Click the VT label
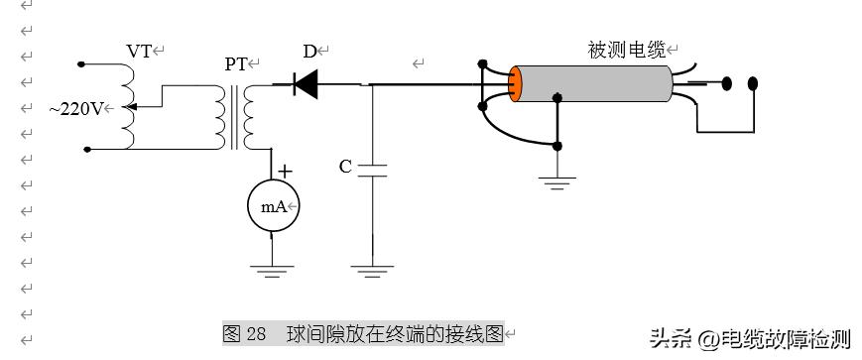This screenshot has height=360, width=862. tap(139, 51)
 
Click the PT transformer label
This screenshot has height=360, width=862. tap(236, 64)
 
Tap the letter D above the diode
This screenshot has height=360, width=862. tap(310, 51)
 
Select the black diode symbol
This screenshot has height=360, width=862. tap(305, 85)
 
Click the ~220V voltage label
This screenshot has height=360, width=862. tap(75, 108)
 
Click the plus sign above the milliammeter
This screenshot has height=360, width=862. tap(285, 171)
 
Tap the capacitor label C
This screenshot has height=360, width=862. tap(345, 167)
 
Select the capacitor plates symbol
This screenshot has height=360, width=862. tap(373, 170)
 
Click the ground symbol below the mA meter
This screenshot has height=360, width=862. tap(272, 268)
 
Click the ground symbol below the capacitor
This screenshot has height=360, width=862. tap(373, 268)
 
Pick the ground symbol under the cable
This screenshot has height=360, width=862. tap(557, 182)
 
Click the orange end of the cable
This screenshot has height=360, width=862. tap(516, 84)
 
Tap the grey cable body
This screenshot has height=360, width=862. tap(595, 84)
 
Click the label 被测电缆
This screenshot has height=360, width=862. tap(627, 51)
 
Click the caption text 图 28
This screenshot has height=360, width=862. tap(245, 333)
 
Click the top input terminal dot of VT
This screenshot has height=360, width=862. tap(82, 64)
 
